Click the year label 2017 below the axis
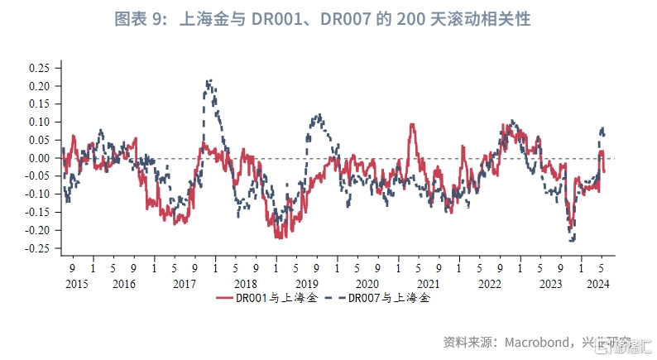click(x=184, y=284)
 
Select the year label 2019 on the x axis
click(x=306, y=284)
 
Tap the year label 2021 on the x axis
click(x=429, y=284)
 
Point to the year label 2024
click(x=597, y=284)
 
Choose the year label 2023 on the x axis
click(x=551, y=284)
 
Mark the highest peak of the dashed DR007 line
click(x=209, y=80)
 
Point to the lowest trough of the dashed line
click(x=573, y=241)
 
